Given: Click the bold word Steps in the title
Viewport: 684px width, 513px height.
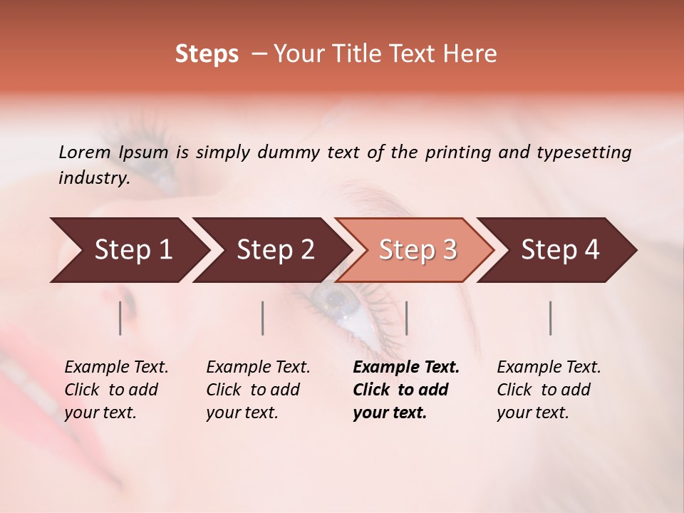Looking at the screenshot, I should [207, 54].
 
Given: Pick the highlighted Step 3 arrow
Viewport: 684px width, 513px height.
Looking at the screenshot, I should [418, 250].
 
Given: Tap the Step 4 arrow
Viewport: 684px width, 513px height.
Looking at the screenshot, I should [560, 250].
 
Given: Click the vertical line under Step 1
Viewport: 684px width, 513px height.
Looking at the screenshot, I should [120, 318].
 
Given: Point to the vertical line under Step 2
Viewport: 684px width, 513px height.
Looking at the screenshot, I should [263, 318].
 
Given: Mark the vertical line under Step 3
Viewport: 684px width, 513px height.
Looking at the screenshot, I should [406, 318].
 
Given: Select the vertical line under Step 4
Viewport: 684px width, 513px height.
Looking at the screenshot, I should [551, 318].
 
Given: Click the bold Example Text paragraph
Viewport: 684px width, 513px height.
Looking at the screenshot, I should [406, 390].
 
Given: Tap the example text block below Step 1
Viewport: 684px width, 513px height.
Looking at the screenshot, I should [116, 390].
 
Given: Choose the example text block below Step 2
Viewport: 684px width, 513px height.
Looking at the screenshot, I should [258, 390].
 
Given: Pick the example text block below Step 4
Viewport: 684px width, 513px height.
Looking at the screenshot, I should [549, 390].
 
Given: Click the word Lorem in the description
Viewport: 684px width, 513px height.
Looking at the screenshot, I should [85, 152].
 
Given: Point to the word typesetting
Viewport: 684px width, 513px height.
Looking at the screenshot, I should [584, 152].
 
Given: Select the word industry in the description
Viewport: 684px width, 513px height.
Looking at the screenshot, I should [93, 178].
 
